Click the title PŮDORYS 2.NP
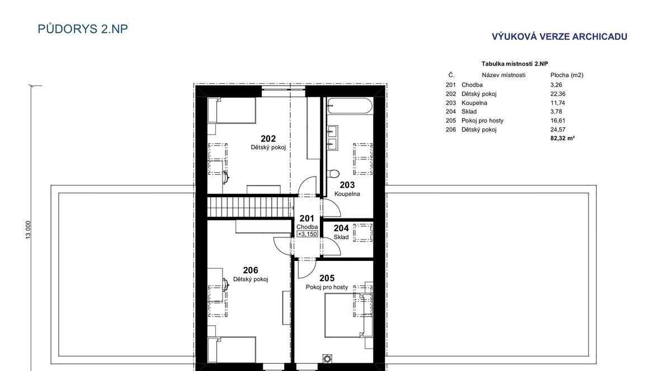[x=83, y=28]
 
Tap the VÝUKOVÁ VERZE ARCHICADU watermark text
[x=559, y=36]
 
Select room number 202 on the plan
[x=268, y=139]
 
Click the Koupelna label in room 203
[x=347, y=194]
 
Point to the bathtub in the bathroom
[x=350, y=106]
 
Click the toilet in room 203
[x=333, y=173]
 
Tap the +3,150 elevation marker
[x=307, y=234]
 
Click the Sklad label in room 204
[x=341, y=237]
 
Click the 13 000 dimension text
[x=28, y=230]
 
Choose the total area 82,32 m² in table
[x=562, y=138]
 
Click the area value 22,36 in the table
[x=558, y=94]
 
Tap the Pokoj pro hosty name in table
[x=482, y=120]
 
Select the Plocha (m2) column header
[x=567, y=75]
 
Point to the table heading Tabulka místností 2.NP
[x=515, y=64]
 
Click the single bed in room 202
[x=232, y=110]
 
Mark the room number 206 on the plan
[x=251, y=270]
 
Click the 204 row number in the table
[x=450, y=112]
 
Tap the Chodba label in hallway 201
[x=307, y=227]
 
